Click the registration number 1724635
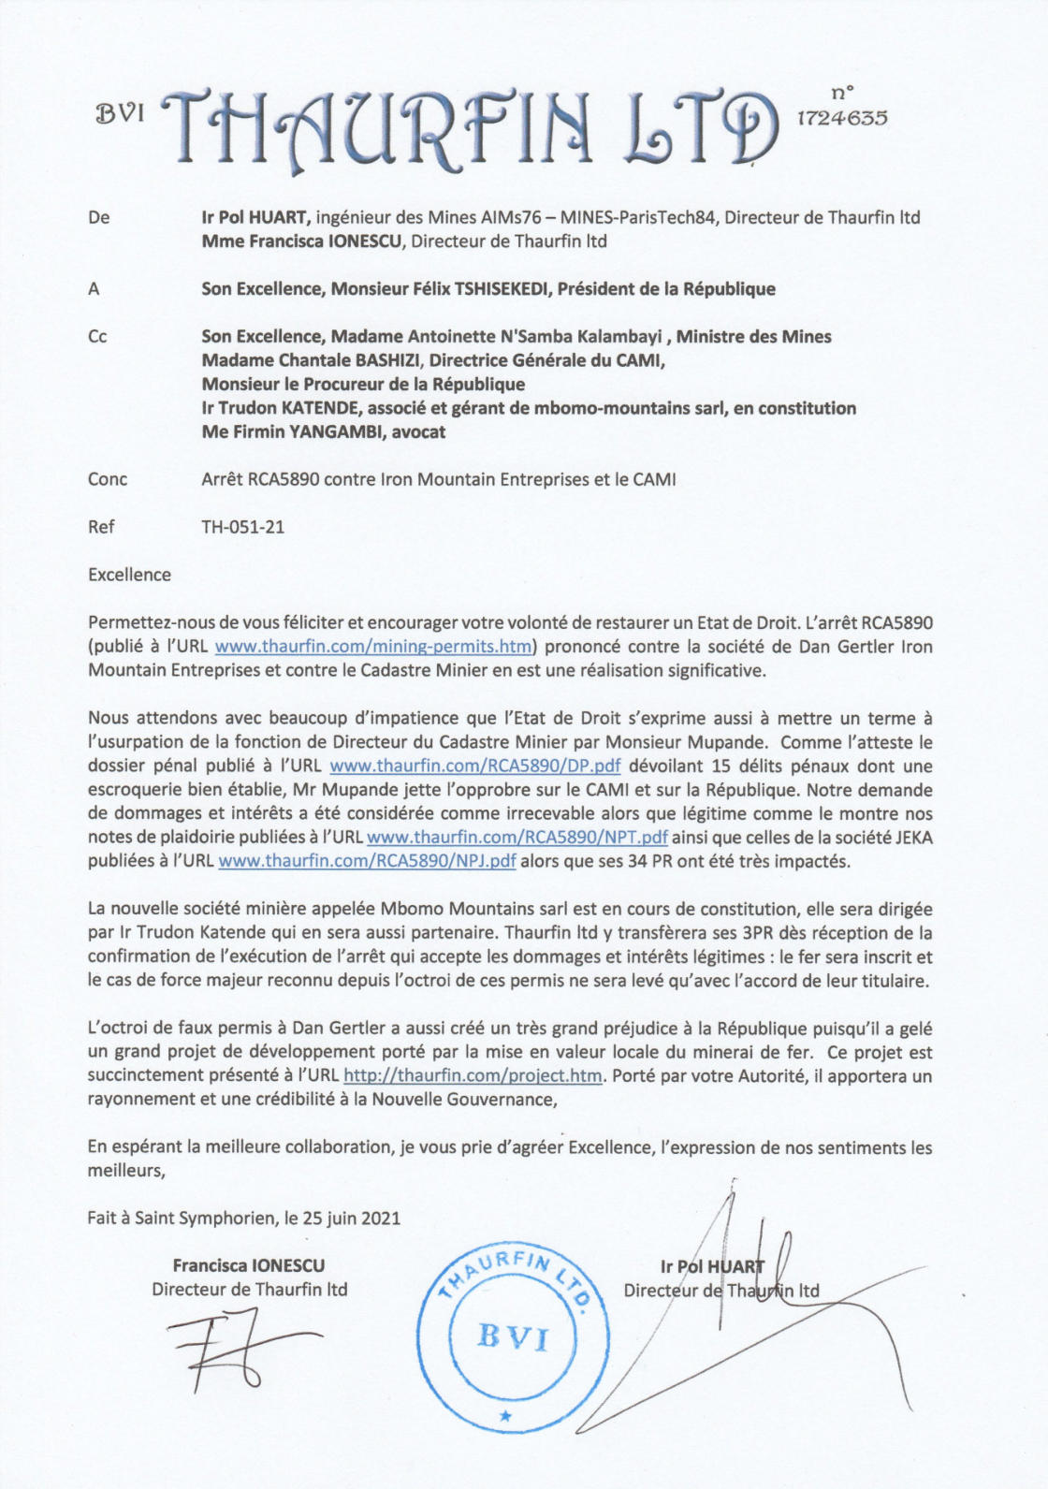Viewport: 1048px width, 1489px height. pos(842,119)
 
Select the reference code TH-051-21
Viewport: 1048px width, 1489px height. pos(243,527)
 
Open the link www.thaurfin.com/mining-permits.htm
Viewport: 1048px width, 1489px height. pos(373,647)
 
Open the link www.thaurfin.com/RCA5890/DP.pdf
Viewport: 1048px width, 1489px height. pos(475,766)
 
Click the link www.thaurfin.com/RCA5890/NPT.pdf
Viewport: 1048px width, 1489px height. pos(517,838)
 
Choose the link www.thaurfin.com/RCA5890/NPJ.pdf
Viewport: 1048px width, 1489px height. pos(367,862)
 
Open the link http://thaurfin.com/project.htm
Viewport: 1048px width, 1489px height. pos(473,1076)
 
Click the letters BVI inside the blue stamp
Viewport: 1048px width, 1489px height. pos(512,1336)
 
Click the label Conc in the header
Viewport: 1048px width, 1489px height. pos(108,479)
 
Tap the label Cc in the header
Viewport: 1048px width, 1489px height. pos(97,337)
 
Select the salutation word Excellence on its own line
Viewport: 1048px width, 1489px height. pos(129,575)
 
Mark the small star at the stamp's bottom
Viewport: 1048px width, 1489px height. pos(505,1416)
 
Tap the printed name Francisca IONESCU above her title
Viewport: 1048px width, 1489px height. pos(249,1266)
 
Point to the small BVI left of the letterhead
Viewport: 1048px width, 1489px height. pos(122,114)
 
